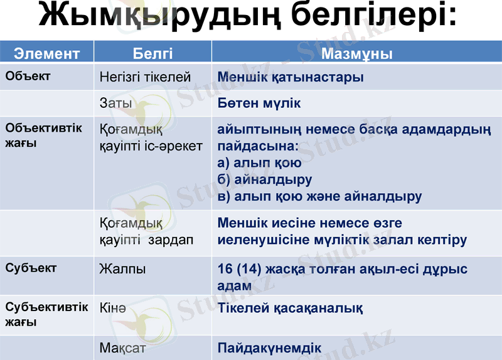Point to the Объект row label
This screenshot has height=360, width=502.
28,77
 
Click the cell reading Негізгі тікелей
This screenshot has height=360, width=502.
145,78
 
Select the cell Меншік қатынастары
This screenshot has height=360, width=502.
291,78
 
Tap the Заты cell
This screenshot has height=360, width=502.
115,103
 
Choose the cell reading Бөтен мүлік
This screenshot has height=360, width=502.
259,103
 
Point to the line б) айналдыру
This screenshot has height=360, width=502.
264,180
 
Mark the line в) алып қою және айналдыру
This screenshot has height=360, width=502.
319,196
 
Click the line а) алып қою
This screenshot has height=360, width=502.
259,163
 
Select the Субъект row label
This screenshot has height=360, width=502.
31,268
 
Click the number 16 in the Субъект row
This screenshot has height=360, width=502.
225,269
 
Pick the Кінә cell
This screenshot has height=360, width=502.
113,308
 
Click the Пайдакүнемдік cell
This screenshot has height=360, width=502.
269,347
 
